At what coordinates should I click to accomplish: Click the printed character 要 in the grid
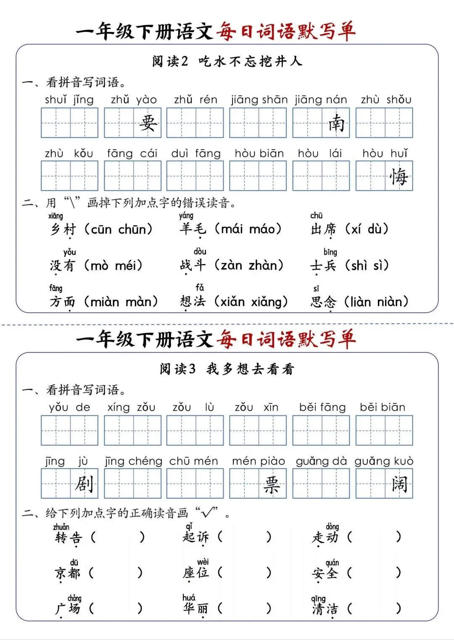(x=148, y=123)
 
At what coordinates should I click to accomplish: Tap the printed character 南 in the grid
(x=336, y=123)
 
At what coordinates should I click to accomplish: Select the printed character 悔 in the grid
(x=399, y=176)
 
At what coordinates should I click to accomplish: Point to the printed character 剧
(x=84, y=484)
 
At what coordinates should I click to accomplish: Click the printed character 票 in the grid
(x=272, y=484)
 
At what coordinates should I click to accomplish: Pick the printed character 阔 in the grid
(x=399, y=484)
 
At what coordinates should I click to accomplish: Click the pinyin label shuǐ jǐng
(x=69, y=100)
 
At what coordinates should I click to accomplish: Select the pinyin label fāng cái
(x=132, y=153)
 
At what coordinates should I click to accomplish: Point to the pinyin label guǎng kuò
(x=384, y=461)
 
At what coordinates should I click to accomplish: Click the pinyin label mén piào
(x=258, y=461)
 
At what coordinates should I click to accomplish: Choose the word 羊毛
(x=193, y=229)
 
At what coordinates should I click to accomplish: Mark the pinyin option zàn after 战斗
(x=232, y=266)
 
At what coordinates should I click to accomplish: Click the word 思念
(x=323, y=302)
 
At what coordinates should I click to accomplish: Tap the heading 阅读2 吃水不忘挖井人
(x=227, y=61)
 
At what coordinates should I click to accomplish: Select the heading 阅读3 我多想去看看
(x=227, y=369)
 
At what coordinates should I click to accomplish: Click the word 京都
(x=67, y=573)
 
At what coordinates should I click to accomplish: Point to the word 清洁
(x=325, y=609)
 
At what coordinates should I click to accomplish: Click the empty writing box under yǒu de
(x=69, y=431)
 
